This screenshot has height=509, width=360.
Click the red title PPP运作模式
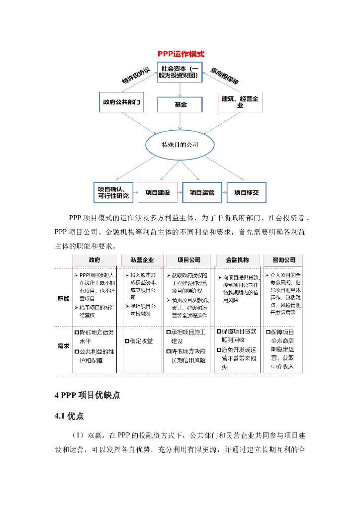(x=181, y=54)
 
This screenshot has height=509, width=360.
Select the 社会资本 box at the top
(x=180, y=72)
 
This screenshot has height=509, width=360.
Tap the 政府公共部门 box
(x=121, y=102)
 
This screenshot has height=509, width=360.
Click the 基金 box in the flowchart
(x=180, y=104)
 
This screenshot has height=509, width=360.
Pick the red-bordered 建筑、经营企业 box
(x=240, y=102)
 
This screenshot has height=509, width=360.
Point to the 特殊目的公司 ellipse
(x=180, y=145)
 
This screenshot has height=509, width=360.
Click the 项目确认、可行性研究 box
(x=114, y=192)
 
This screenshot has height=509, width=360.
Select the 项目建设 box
(x=158, y=192)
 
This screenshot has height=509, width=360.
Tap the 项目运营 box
(x=202, y=192)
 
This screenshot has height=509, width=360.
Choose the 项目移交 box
(x=247, y=192)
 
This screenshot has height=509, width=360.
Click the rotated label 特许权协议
(x=136, y=76)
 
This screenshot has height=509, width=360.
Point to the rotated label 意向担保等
(x=224, y=75)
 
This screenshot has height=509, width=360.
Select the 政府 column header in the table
(x=95, y=260)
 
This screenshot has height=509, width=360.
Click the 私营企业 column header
(x=142, y=260)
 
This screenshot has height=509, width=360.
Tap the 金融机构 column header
(x=237, y=260)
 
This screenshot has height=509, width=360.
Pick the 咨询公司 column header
(x=284, y=260)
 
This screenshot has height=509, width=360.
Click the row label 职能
(x=63, y=299)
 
